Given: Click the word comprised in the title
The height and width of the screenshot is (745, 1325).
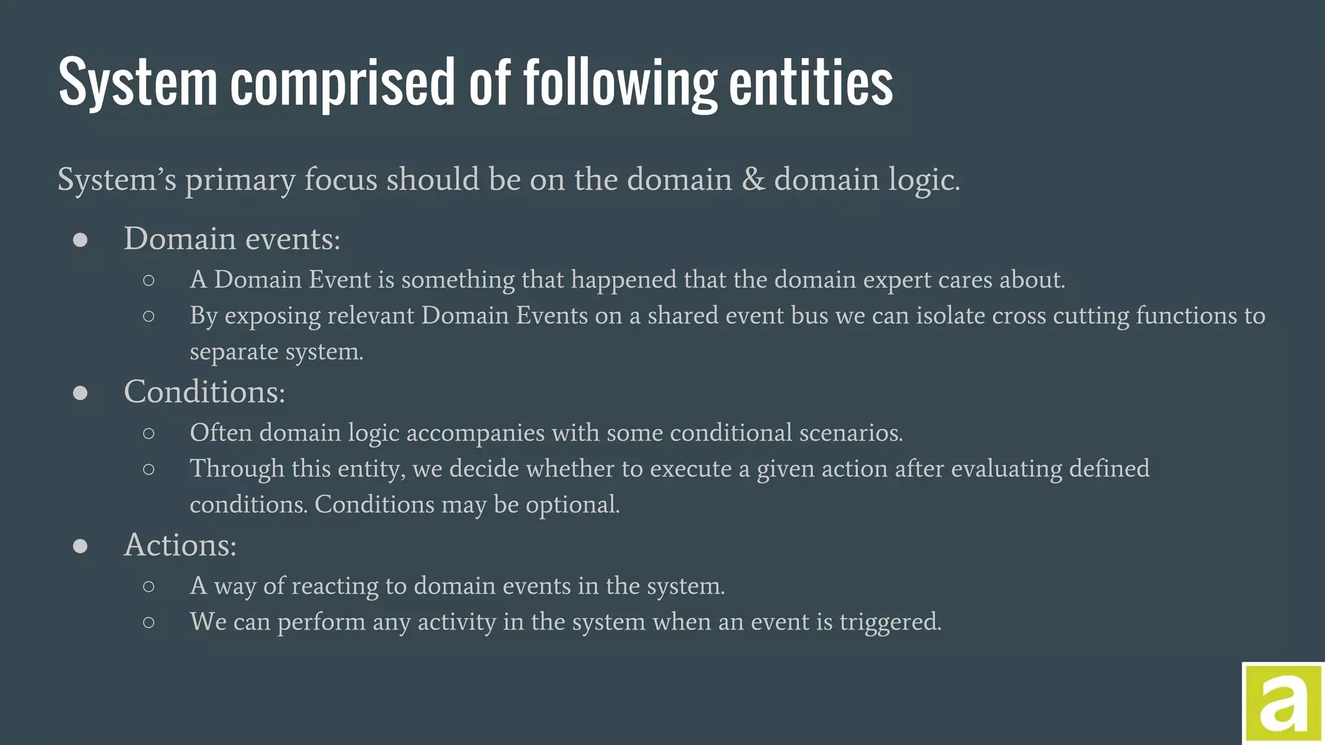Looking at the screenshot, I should click(x=343, y=83).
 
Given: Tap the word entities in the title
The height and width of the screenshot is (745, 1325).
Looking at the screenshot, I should click(x=811, y=83).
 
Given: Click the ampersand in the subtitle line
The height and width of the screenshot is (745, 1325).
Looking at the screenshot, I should click(x=753, y=179).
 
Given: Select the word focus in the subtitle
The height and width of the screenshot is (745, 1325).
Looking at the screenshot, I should click(x=340, y=179).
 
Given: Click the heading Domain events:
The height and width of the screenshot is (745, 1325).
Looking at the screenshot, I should click(x=232, y=239).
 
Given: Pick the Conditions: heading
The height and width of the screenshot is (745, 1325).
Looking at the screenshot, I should click(x=204, y=392).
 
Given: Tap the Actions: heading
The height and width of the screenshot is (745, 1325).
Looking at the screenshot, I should click(x=180, y=545).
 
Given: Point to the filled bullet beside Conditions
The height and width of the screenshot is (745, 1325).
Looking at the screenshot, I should click(x=80, y=393).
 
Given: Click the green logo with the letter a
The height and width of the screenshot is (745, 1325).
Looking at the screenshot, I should click(x=1283, y=704).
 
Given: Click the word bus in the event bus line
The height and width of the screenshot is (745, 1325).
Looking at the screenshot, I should click(x=814, y=316).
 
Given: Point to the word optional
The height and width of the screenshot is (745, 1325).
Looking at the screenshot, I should click(x=572, y=505).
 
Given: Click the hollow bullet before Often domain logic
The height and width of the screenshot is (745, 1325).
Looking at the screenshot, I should click(x=149, y=433).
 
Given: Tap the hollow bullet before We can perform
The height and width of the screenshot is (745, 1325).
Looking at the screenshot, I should click(x=149, y=623).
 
